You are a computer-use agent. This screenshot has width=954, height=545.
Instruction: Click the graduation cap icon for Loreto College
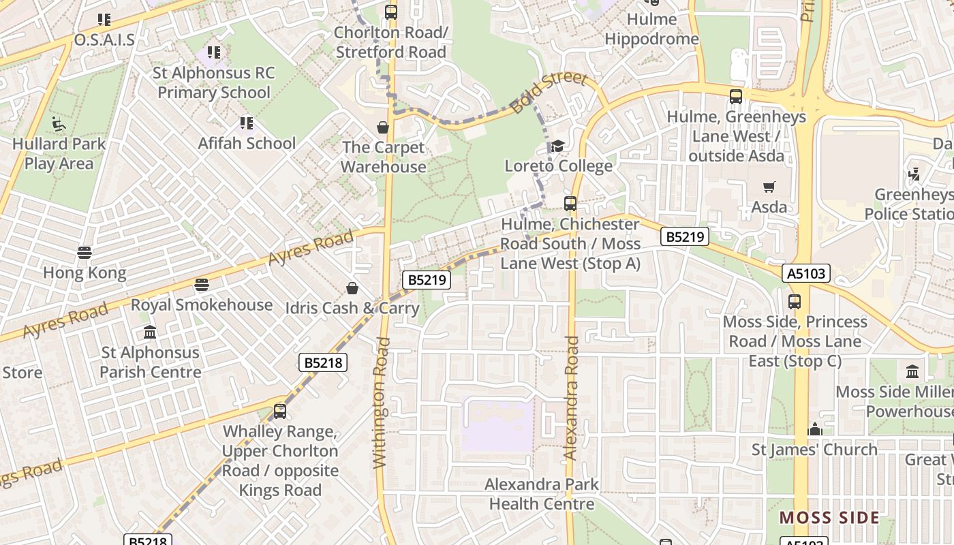point(557,146)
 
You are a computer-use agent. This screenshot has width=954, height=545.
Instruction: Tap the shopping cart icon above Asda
point(769,187)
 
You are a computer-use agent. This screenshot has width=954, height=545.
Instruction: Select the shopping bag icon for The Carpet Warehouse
point(383,127)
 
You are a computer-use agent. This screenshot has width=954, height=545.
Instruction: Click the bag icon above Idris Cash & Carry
point(352,288)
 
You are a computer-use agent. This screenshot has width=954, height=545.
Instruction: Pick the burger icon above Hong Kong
point(84,253)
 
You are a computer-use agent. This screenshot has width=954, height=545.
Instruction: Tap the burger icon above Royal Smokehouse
point(201,285)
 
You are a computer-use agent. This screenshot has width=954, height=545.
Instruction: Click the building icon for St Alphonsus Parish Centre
point(150,332)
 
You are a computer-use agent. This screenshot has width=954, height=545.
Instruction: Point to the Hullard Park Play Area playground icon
point(59,124)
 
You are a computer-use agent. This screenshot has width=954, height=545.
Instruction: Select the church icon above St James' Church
point(815,429)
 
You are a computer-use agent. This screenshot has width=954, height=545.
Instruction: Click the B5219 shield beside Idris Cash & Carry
point(427,279)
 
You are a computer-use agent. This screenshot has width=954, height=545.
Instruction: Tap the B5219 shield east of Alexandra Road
point(685,236)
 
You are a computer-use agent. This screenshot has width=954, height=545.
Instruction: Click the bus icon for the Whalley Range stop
point(280,411)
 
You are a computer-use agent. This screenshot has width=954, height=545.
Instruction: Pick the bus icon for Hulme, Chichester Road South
point(570,204)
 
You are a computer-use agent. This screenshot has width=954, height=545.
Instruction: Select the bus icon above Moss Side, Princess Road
point(795,302)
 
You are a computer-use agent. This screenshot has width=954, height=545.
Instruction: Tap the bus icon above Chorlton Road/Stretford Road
point(391,12)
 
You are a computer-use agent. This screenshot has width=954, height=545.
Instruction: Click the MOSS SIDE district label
point(829,518)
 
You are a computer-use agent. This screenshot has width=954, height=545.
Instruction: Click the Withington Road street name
point(381,402)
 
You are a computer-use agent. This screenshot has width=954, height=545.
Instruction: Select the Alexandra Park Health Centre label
point(542,494)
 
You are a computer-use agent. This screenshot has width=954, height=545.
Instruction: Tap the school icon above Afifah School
point(247,123)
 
